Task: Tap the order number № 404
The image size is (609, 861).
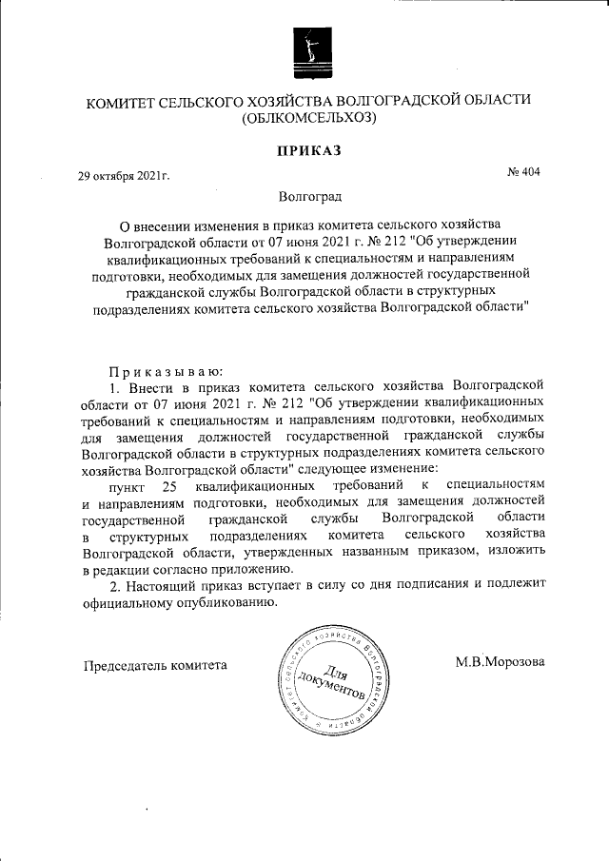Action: coord(523,173)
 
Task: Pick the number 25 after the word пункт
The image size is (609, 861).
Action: coord(170,486)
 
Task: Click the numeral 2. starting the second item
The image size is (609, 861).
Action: coord(115,586)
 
